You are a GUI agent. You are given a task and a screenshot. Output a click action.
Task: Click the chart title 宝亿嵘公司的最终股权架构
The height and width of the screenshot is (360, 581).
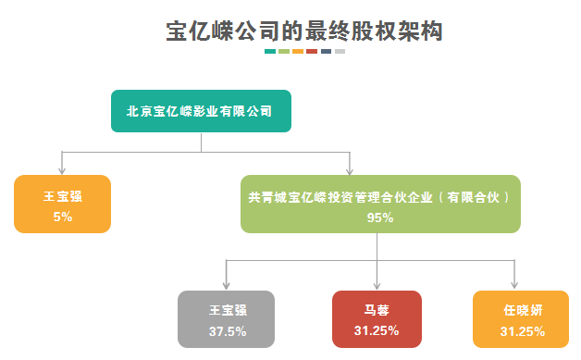[304, 31]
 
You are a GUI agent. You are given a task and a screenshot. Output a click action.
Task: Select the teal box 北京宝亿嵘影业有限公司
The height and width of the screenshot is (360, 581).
[201, 111]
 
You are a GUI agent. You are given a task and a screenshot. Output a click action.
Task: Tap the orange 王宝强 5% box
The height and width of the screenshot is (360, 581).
[62, 204]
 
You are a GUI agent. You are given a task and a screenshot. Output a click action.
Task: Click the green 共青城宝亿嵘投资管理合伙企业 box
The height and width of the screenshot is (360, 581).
[380, 204]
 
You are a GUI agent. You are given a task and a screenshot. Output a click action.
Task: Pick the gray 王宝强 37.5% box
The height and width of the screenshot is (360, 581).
[226, 319]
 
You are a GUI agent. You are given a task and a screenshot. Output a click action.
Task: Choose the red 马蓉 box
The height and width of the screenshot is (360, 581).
[377, 319]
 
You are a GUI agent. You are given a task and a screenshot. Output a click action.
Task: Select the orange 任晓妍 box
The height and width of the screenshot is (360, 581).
[521, 319]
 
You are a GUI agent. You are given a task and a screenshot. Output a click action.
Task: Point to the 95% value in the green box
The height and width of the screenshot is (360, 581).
[380, 217]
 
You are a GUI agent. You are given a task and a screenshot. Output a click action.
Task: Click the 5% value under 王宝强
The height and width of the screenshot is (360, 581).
[63, 217]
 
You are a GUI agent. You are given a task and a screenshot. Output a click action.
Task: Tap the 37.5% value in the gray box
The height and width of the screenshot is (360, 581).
[228, 331]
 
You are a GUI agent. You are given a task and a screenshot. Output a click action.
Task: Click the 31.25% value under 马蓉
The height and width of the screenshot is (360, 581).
[377, 330]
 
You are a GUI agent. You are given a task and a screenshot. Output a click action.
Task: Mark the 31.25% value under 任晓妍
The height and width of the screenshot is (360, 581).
[523, 331]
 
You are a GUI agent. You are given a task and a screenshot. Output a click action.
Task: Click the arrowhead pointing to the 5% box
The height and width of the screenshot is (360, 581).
[62, 170]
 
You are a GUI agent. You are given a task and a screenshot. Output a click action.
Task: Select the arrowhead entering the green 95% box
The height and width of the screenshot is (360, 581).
[350, 171]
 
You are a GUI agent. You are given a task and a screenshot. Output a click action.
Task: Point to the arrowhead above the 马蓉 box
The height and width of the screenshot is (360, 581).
[377, 285]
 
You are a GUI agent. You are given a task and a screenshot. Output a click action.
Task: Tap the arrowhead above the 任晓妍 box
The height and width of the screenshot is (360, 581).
[514, 284]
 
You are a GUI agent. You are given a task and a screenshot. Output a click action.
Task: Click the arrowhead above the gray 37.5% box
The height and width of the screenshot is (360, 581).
[226, 285]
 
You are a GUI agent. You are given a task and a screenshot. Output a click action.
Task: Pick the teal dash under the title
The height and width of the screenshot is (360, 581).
[270, 52]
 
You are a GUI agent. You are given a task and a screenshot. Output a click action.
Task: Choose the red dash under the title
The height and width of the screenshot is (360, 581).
[312, 52]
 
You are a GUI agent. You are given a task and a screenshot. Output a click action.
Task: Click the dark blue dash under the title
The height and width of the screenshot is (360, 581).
[326, 52]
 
